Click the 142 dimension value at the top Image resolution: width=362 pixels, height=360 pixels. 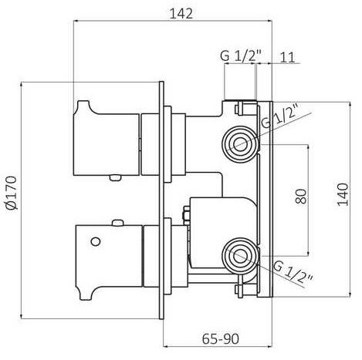(181, 13)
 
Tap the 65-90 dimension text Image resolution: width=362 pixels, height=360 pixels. (221, 339)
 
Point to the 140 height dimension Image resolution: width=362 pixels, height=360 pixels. (343, 194)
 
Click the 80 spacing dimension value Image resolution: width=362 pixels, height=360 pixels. (301, 197)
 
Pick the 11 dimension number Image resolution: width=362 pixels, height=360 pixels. (287, 58)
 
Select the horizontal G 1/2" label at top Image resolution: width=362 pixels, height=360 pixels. (241, 56)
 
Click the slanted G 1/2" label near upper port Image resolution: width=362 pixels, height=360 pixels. (280, 116)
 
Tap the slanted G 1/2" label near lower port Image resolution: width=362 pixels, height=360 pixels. (293, 272)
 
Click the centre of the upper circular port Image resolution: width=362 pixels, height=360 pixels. (240, 143)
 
